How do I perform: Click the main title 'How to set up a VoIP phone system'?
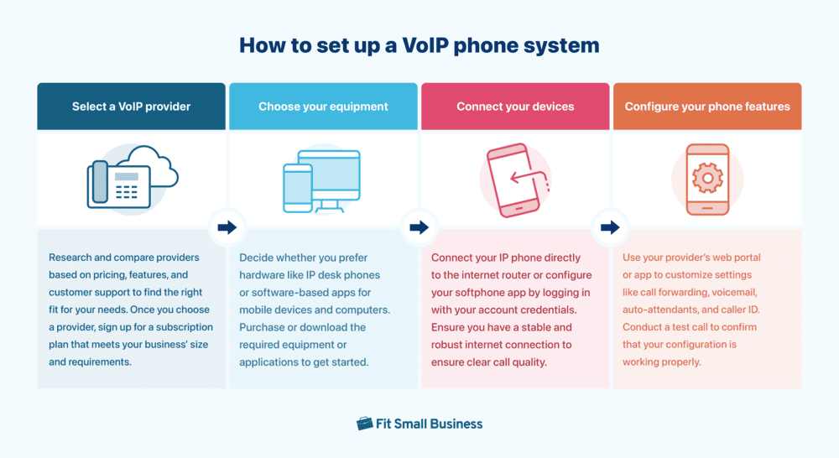pyautogui.click(x=419, y=45)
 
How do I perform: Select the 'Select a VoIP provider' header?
pyautogui.click(x=131, y=107)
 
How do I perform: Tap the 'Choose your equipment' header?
pyautogui.click(x=323, y=107)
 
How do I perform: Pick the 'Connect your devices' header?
pyautogui.click(x=515, y=107)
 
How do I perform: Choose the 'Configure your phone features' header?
pyautogui.click(x=707, y=107)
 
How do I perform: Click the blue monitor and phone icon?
pyautogui.click(x=322, y=180)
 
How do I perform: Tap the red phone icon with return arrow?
pyautogui.click(x=515, y=180)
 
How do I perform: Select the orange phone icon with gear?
pyautogui.click(x=707, y=180)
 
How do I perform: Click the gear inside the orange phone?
pyautogui.click(x=707, y=178)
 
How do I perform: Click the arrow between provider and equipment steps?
pyautogui.click(x=227, y=227)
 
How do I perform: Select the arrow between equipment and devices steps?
pyautogui.click(x=419, y=227)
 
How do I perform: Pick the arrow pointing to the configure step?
pyautogui.click(x=610, y=227)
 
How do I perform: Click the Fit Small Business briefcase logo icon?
pyautogui.click(x=365, y=424)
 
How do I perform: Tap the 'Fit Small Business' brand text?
pyautogui.click(x=430, y=424)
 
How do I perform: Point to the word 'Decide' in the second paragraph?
pyautogui.click(x=257, y=258)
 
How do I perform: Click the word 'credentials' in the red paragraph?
pyautogui.click(x=555, y=310)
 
